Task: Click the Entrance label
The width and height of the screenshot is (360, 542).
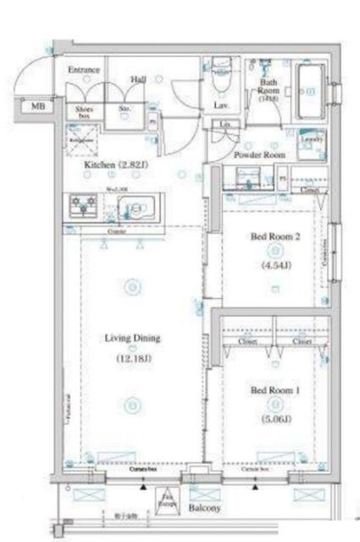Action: [x=85, y=70]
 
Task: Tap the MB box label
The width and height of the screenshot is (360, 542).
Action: [x=38, y=106]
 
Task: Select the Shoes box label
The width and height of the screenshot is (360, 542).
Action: [x=85, y=113]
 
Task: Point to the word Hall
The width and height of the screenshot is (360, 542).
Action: [x=138, y=79]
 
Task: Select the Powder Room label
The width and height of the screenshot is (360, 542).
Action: [x=259, y=156]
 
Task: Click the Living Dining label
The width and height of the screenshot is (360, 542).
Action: [x=132, y=338]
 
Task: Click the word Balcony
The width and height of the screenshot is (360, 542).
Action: [x=204, y=508]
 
